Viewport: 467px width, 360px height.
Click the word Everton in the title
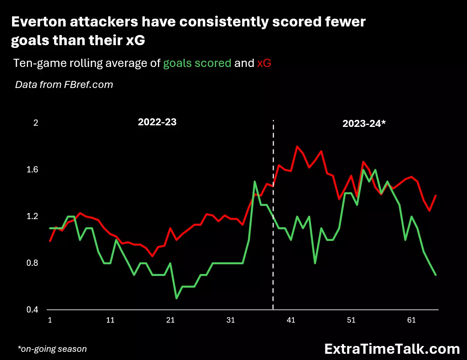pyautogui.click(x=39, y=22)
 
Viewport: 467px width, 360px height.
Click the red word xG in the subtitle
pyautogui.click(x=264, y=63)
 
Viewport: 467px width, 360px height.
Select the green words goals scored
pyautogui.click(x=197, y=63)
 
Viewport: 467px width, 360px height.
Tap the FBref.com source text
pyautogui.click(x=88, y=85)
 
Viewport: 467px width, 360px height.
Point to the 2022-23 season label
pyautogui.click(x=157, y=122)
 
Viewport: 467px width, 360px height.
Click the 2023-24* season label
pyautogui.click(x=364, y=124)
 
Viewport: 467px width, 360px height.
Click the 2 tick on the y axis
pyautogui.click(x=36, y=123)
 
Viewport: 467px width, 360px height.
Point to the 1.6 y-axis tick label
pyautogui.click(x=32, y=170)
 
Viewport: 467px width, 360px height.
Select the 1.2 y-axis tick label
pyautogui.click(x=32, y=216)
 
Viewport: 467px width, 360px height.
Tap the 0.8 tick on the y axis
pyautogui.click(x=32, y=263)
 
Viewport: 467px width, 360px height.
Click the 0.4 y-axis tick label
pyautogui.click(x=32, y=310)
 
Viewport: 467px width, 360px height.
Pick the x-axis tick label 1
pyautogui.click(x=50, y=320)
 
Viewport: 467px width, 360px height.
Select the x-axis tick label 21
pyautogui.click(x=170, y=320)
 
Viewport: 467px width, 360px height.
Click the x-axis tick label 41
pyautogui.click(x=291, y=320)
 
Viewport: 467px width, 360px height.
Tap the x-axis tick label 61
pyautogui.click(x=411, y=320)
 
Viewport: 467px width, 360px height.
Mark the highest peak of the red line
pyautogui.click(x=297, y=146)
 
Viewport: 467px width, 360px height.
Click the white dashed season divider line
pyautogui.click(x=273, y=214)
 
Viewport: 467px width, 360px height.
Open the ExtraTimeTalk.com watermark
pyautogui.click(x=392, y=349)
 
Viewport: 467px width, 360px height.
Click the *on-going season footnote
pyautogui.click(x=52, y=349)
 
